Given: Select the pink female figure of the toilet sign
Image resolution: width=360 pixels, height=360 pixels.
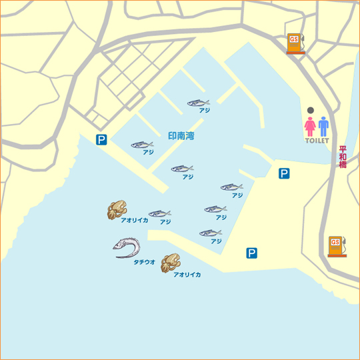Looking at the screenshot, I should tap(310, 127).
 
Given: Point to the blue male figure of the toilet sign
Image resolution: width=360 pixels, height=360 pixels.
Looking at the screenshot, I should tap(324, 127).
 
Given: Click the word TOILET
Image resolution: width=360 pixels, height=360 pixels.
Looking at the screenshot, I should tap(317, 141).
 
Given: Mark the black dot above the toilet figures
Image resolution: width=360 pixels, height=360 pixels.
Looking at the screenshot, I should tap(310, 111).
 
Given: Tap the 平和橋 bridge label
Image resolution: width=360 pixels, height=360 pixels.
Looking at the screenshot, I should tap(343, 157).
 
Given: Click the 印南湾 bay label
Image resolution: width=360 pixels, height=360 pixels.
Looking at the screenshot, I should tap(181, 135).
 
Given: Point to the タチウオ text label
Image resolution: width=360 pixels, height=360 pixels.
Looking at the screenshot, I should tap(144, 262).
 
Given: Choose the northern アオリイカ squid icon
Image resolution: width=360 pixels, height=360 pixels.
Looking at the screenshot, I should tap(117, 210).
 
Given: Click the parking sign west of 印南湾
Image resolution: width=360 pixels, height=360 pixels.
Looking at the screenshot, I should tap(101, 139).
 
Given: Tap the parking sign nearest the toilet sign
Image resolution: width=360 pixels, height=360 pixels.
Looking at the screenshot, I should tap(284, 173).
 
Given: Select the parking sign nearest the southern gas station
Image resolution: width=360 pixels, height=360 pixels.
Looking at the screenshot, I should tap(251, 253).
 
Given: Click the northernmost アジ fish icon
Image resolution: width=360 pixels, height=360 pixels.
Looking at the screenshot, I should tap(199, 103).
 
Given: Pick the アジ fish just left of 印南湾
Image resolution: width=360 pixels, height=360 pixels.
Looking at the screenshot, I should tap(142, 145).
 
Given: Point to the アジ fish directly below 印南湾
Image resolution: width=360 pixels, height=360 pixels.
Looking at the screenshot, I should tap(182, 169).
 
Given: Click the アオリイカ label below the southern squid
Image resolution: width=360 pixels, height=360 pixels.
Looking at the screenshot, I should tap(187, 274).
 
